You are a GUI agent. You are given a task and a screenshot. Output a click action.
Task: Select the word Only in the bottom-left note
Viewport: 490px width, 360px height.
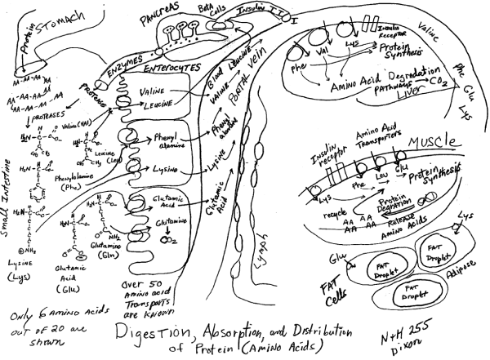(x=24, y=316)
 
